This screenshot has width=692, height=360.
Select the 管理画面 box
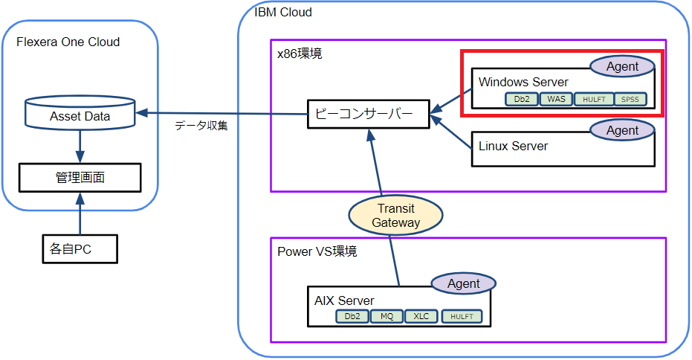pyautogui.click(x=80, y=179)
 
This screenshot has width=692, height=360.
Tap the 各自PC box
pyautogui.click(x=78, y=248)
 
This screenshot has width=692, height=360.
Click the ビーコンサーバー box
pyautogui.click(x=368, y=115)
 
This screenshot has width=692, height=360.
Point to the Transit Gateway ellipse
pyautogui.click(x=396, y=216)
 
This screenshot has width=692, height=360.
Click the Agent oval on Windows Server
pyautogui.click(x=622, y=66)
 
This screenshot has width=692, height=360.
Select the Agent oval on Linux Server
pyautogui.click(x=622, y=130)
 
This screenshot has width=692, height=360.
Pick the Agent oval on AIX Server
pyautogui.click(x=464, y=283)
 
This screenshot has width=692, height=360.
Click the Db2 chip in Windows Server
pyautogui.click(x=521, y=99)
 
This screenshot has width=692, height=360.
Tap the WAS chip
pyautogui.click(x=557, y=99)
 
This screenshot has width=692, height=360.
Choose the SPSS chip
pyautogui.click(x=631, y=99)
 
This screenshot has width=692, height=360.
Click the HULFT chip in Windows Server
pyautogui.click(x=594, y=99)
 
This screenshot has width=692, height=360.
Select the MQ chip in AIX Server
pyautogui.click(x=387, y=316)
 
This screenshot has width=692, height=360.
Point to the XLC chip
pyautogui.click(x=421, y=316)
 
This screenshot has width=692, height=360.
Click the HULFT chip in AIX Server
pyautogui.click(x=461, y=316)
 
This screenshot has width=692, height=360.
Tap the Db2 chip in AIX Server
pyautogui.click(x=352, y=316)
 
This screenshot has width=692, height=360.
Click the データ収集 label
pyautogui.click(x=201, y=126)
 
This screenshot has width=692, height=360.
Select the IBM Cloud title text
pyautogui.click(x=283, y=12)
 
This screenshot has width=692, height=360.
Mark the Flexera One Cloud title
pyautogui.click(x=68, y=42)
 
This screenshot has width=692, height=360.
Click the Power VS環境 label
pyautogui.click(x=317, y=251)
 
